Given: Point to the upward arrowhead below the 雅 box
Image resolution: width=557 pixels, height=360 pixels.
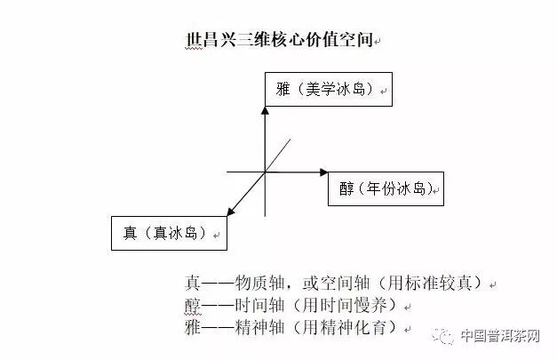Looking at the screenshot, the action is click(x=265, y=112).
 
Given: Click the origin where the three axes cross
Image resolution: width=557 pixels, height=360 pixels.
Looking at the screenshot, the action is click(x=265, y=171).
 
